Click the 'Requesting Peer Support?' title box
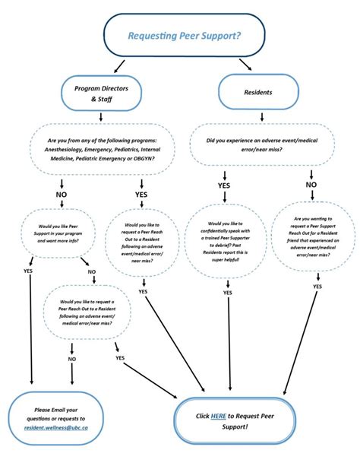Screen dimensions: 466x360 coord(185,35)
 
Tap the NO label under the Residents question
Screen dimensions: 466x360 coord(311,184)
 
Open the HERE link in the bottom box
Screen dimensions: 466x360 coord(219,416)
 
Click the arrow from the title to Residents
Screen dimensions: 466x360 coord(245,66)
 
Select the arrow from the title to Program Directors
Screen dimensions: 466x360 coord(120,66)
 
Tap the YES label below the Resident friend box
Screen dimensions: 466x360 coord(317,287)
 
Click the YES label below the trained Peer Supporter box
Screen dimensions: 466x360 coord(228,292)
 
